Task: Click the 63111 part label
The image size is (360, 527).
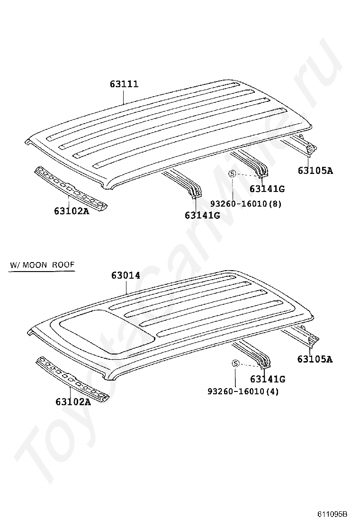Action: tap(124, 84)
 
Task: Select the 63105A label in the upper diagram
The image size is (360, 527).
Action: tap(315, 171)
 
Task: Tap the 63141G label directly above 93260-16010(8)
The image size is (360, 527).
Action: tap(267, 189)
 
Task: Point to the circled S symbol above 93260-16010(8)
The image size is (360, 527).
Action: tap(232, 174)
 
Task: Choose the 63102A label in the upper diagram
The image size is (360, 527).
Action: tap(72, 211)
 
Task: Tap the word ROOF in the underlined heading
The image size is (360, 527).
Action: tap(64, 265)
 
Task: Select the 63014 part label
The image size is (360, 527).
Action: tap(126, 275)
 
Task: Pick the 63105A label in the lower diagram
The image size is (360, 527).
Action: tap(315, 359)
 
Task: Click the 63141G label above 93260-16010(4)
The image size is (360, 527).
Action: tap(267, 379)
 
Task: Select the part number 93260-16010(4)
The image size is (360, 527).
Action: tap(243, 392)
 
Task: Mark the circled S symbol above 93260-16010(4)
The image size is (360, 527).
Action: tap(235, 363)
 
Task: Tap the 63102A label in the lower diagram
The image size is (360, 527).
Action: tap(73, 402)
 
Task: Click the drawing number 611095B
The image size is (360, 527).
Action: tap(333, 514)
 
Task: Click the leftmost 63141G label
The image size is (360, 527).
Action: tap(202, 215)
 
